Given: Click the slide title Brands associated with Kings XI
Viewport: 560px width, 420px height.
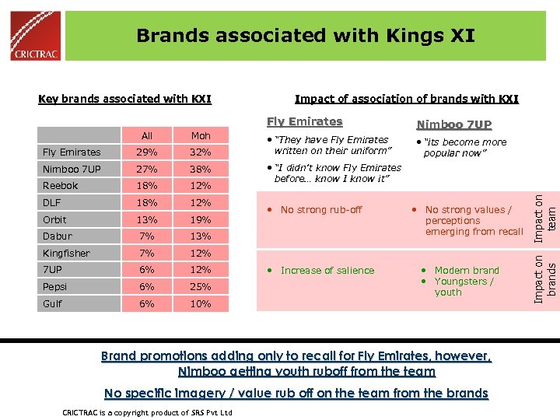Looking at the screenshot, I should coord(305,35).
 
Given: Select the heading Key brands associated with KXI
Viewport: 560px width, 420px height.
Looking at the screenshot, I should coord(125,99).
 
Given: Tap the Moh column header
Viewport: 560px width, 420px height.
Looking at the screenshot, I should coord(201,135).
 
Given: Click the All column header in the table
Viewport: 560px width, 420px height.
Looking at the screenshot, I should coord(147,135).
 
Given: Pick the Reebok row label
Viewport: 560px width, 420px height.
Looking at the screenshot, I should coord(61,186).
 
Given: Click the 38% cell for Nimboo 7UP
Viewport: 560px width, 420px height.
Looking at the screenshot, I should coord(201,169).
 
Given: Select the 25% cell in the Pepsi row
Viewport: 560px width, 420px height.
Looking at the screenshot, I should coord(201,287).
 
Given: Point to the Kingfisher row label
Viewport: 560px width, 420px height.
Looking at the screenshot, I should coord(66,254).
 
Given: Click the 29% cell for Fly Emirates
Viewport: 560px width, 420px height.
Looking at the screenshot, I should coord(147,152).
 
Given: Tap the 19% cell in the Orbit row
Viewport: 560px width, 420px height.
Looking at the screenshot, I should coord(201,219).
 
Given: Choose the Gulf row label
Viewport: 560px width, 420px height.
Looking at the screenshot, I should coord(53,304).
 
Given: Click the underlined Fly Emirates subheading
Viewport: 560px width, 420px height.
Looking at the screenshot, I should coord(304,121).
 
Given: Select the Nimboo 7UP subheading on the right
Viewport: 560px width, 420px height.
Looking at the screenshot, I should coord(454,124).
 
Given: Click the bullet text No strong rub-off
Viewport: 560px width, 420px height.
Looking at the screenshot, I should coord(321,210).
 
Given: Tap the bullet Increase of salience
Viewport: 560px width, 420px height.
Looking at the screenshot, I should coord(327,271).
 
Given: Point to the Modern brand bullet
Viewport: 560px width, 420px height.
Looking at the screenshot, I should coord(467,271).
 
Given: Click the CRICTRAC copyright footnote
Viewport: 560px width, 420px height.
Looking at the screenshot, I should coord(147,411).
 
